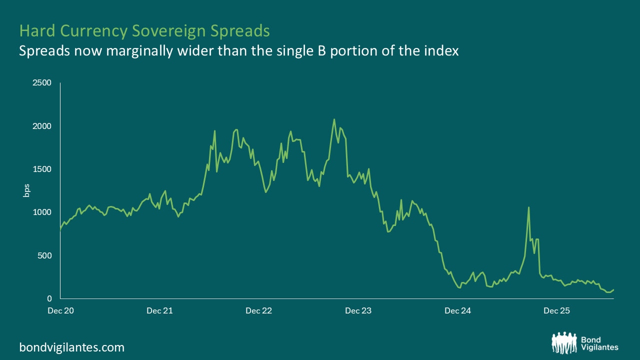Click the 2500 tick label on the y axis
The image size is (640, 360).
tap(41, 83)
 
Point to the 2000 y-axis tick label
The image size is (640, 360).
tap(41, 126)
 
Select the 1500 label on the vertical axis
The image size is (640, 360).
tap(41, 169)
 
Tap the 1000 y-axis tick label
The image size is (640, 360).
tap(41, 212)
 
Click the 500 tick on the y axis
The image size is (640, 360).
tap(44, 255)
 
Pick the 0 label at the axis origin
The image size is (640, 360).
tap(49, 298)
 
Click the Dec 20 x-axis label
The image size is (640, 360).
tap(60, 311)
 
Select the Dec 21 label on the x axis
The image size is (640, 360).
tap(159, 311)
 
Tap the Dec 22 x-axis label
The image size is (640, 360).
tap(259, 311)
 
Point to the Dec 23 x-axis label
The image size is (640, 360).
tap(358, 311)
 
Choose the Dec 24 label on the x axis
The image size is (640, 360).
tap(457, 311)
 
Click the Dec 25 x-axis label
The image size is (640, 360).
tap(556, 311)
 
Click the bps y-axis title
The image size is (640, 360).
tap(26, 190)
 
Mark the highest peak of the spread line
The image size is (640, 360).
tap(334, 119)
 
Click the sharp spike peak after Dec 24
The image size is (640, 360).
tap(528, 207)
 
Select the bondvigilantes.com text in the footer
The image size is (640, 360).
tap(71, 347)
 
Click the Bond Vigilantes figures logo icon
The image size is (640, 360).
tap(564, 343)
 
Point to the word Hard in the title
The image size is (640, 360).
tap(37, 30)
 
